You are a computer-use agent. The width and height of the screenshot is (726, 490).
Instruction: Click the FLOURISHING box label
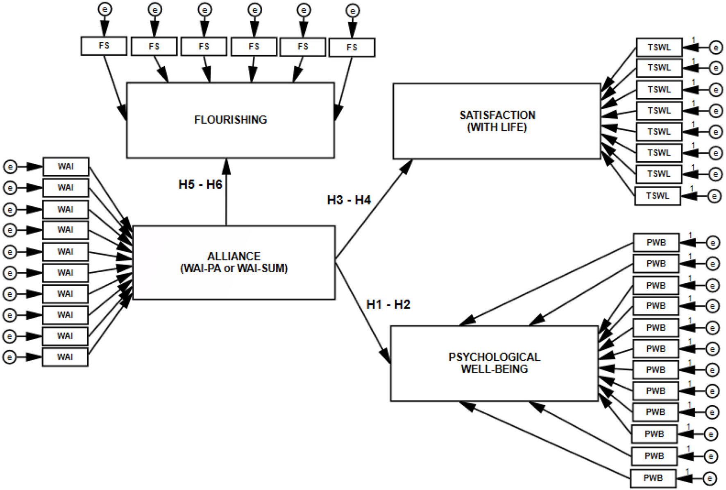(230, 120)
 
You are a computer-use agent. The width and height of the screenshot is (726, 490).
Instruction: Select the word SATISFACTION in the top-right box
(497, 115)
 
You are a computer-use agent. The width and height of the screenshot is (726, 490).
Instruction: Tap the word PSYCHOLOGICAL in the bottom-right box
(494, 357)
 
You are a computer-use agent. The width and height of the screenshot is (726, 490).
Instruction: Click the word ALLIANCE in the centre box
(234, 256)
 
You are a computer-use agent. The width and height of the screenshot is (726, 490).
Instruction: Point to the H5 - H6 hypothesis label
(200, 185)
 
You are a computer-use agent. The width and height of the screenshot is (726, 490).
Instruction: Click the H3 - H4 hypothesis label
(349, 200)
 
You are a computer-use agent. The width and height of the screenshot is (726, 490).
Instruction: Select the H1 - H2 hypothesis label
(388, 305)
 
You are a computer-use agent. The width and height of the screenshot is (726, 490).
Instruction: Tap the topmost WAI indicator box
(66, 167)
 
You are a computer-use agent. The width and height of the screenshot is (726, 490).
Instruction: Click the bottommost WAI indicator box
(65, 357)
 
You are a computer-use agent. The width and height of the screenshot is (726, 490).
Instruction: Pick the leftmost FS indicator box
(104, 45)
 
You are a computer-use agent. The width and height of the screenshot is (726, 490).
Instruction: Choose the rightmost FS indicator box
(352, 47)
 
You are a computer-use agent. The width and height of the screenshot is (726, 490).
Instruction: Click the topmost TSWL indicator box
(659, 47)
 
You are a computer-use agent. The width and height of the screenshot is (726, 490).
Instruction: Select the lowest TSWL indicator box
(657, 196)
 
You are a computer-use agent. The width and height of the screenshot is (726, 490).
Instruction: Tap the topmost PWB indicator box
(656, 243)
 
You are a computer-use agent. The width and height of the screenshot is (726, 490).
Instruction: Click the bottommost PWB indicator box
(653, 478)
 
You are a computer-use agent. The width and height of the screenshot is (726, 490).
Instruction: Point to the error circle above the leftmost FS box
(105, 9)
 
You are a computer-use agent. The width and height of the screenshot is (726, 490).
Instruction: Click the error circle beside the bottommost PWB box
(710, 478)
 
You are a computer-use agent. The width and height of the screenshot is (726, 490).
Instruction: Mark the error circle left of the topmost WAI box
(10, 167)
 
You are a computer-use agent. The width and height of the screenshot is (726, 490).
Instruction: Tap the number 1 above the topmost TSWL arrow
(693, 40)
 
